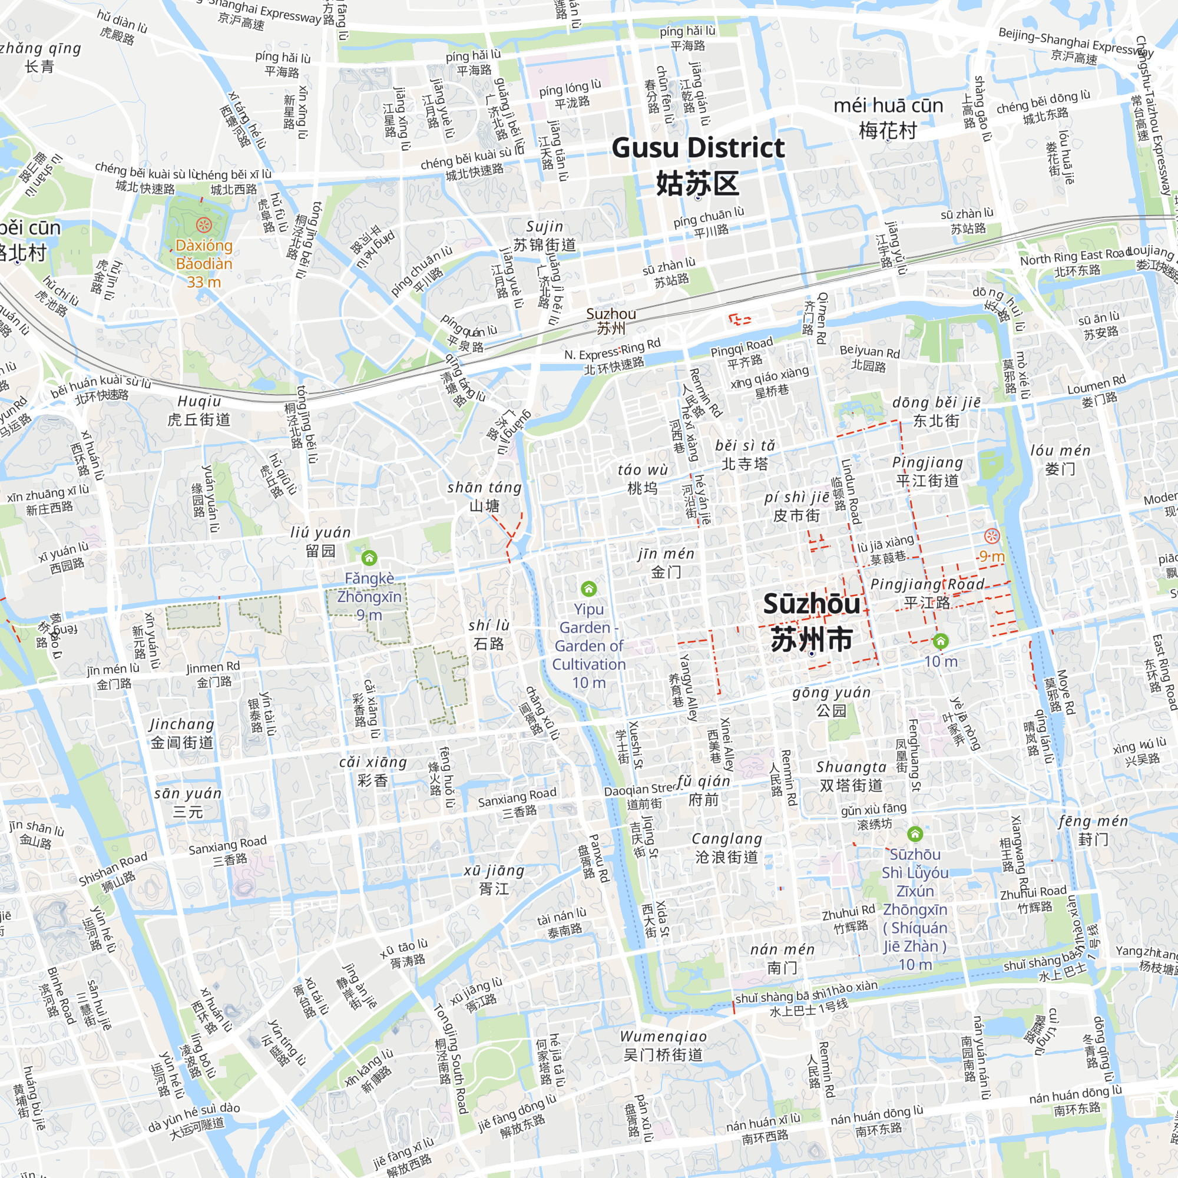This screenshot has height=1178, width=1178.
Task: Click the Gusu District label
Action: [x=697, y=165]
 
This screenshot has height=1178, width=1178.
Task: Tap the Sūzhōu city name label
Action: [x=812, y=621]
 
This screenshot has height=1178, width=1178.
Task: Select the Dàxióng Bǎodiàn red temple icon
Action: [x=204, y=225]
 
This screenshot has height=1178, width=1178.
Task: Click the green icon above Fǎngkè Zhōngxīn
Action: [x=369, y=558]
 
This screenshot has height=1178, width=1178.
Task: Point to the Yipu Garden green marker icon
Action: [x=588, y=588]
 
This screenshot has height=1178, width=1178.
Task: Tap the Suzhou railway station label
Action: [x=611, y=321]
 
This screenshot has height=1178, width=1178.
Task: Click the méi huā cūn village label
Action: [x=888, y=118]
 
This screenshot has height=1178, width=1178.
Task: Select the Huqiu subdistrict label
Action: [x=198, y=410]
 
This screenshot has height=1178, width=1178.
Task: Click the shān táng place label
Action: [x=485, y=496]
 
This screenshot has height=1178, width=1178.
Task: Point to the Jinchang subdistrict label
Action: [x=181, y=733]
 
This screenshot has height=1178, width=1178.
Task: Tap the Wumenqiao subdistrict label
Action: [x=663, y=1045]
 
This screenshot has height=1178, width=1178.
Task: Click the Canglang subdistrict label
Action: [x=727, y=848]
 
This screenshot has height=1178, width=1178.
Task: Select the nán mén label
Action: [x=782, y=958]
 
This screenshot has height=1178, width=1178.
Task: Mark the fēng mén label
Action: [x=1093, y=830]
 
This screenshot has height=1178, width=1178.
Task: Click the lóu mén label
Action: [x=1060, y=459]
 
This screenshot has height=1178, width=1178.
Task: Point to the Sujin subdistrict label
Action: [x=544, y=236]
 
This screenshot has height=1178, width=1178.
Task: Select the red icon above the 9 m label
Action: [x=992, y=536]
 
